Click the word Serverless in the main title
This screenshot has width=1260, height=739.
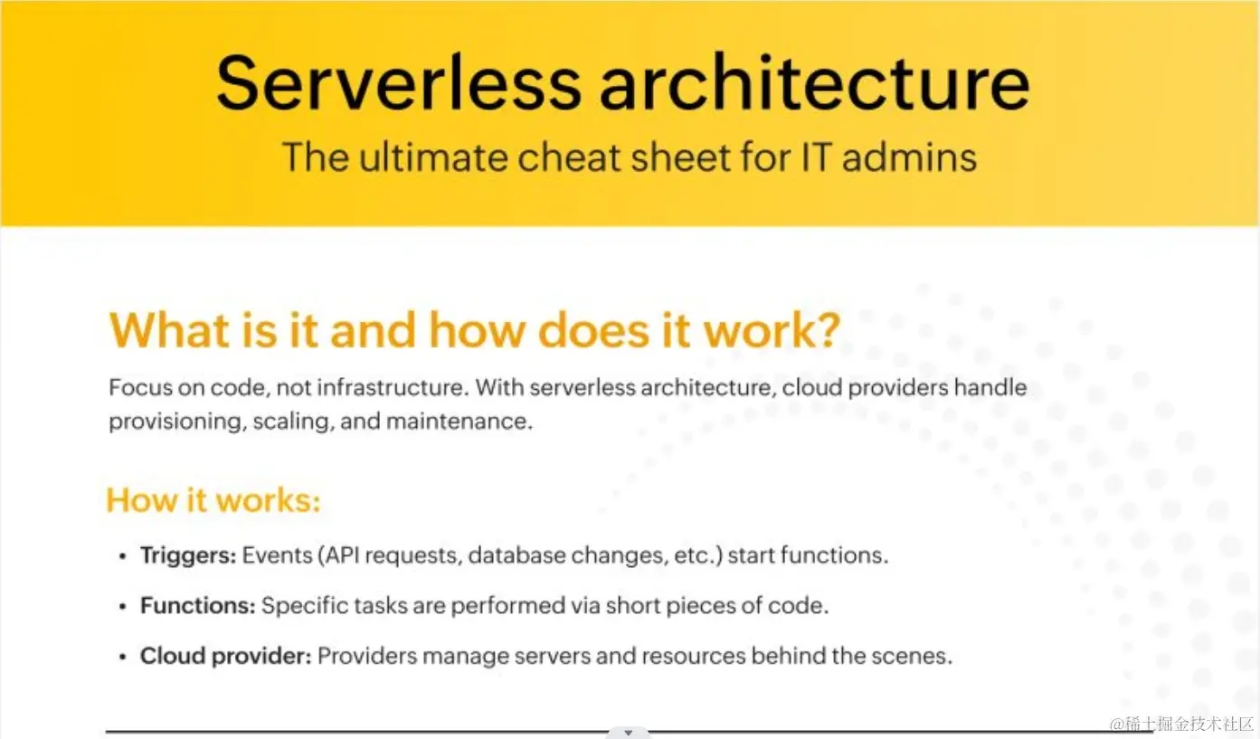398,82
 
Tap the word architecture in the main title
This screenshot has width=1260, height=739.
814,82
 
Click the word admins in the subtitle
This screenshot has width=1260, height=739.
910,156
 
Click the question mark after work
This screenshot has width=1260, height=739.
826,329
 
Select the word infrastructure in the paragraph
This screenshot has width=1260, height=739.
392,387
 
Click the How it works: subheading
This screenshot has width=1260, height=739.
213,500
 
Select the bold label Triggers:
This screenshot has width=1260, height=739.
188,555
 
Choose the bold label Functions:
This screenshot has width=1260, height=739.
198,606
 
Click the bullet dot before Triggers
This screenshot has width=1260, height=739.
123,557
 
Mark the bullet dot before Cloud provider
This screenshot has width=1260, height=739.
123,658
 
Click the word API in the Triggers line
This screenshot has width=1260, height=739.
342,555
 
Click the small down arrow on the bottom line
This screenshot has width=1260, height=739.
629,733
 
